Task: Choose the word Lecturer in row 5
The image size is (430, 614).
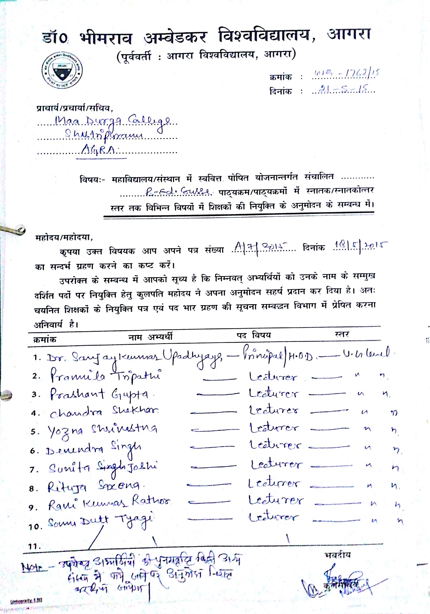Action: coord(274,428)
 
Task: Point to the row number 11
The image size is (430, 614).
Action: coord(35,546)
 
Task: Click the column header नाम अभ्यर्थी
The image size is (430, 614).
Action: coord(150,337)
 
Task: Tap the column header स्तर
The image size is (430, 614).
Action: coord(342,334)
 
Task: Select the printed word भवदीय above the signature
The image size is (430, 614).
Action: coord(338,555)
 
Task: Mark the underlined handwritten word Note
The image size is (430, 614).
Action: coord(33,567)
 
